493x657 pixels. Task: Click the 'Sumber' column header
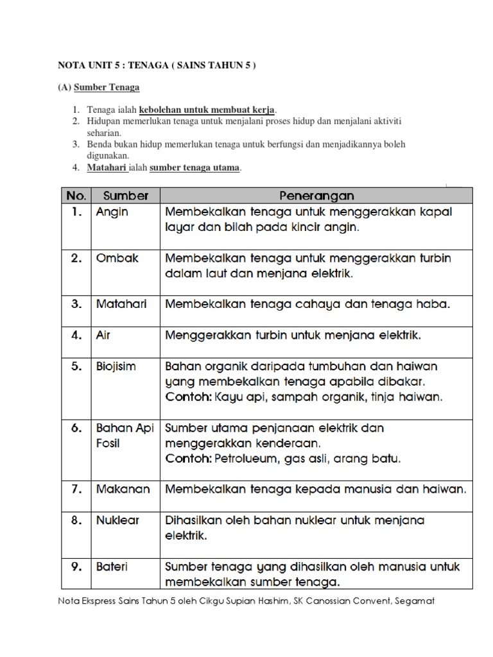[125, 195]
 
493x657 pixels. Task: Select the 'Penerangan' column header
[316, 195]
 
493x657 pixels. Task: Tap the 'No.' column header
[76, 195]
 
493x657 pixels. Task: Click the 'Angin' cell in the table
[112, 212]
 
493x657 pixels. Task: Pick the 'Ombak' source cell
[117, 259]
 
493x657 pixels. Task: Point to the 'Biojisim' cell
[116, 366]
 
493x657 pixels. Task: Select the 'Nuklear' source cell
[117, 520]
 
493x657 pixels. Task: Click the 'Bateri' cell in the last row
[112, 567]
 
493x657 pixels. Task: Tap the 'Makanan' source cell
[123, 489]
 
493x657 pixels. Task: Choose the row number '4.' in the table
[76, 335]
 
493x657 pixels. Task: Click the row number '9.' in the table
[76, 567]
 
